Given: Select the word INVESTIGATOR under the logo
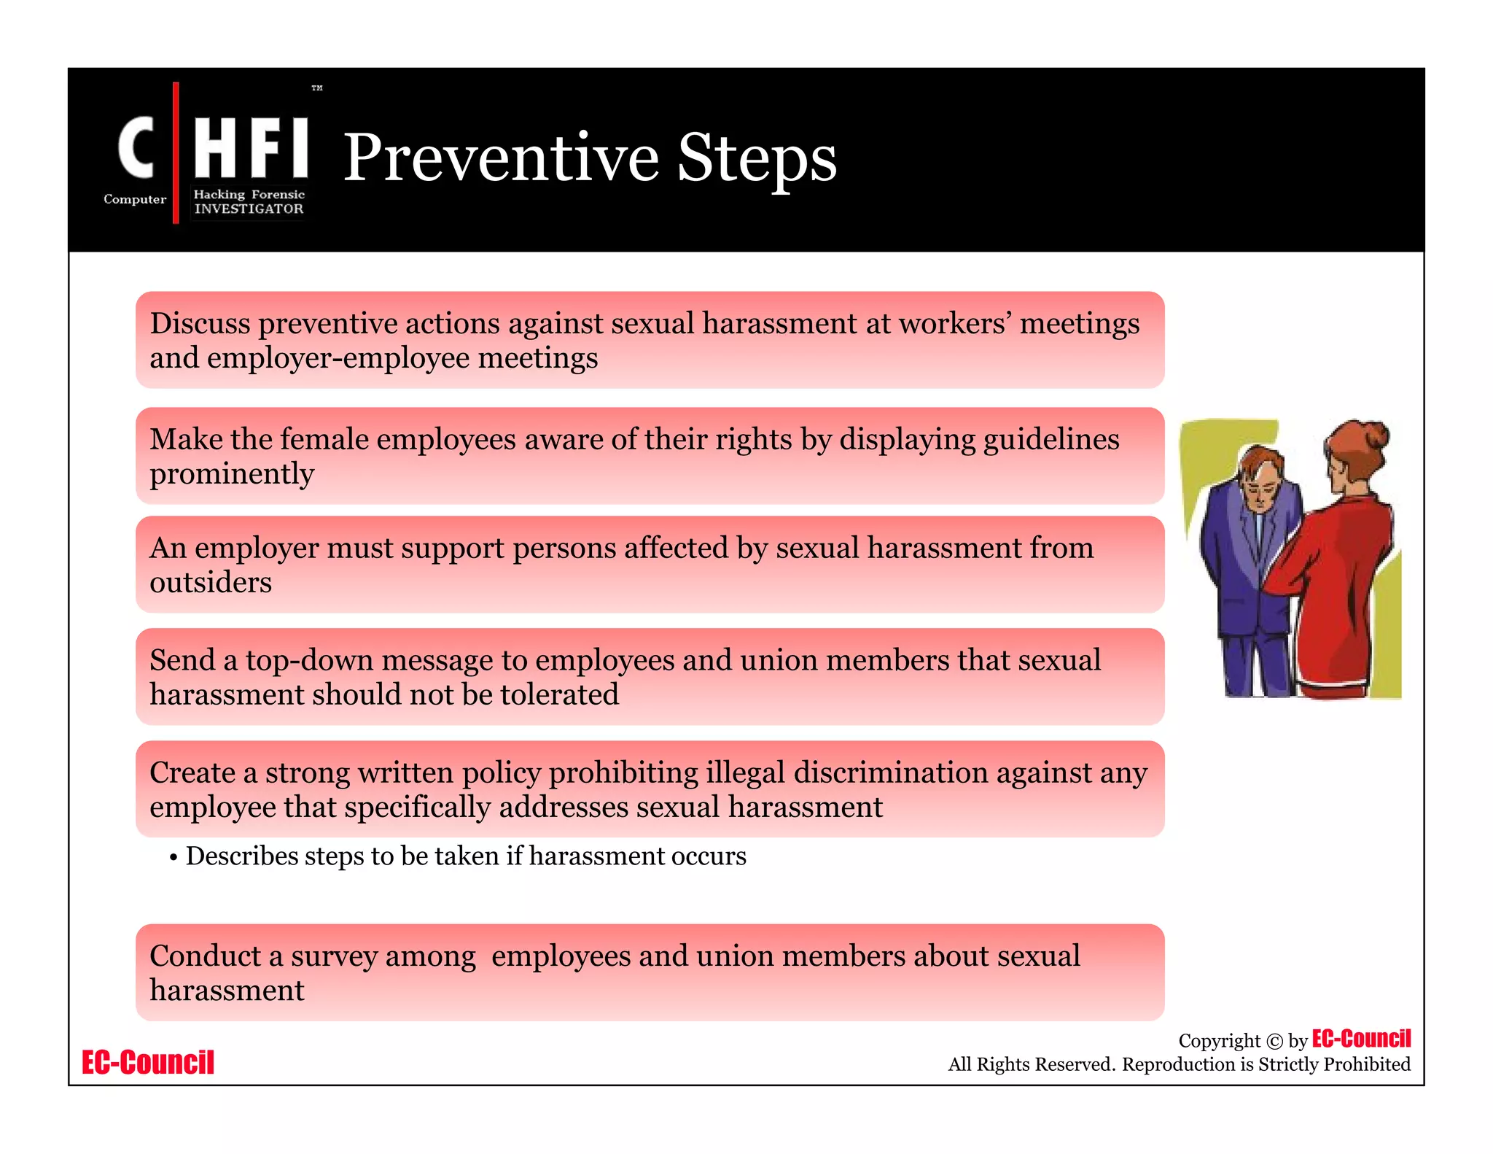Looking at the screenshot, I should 249,209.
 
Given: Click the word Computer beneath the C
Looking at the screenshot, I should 135,199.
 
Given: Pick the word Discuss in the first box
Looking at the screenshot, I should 200,323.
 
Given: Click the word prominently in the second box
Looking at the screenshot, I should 232,474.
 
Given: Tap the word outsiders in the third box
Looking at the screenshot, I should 211,582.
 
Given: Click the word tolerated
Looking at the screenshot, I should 559,694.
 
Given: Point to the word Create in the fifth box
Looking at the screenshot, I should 192,772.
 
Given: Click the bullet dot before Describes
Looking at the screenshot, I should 174,858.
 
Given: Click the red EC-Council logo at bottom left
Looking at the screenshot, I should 148,1062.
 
